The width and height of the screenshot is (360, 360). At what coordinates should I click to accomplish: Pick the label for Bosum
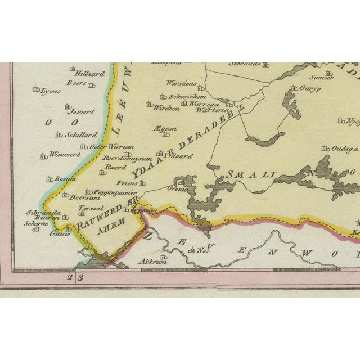coord(66,179)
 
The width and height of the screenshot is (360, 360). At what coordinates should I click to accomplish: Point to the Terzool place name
coord(90,208)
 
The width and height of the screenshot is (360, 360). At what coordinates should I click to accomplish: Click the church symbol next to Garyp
coord(294,88)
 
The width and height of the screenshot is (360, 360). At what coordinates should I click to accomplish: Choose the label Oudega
coord(344,148)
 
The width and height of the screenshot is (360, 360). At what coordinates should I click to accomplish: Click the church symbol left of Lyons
coord(37,89)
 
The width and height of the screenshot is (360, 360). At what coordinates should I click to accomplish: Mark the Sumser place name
coord(324,77)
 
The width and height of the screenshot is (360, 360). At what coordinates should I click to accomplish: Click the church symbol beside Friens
coord(142,183)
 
